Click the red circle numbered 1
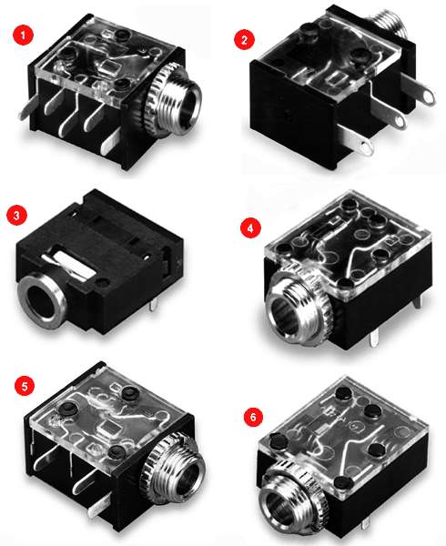coord(23,35)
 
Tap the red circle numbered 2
coord(244,39)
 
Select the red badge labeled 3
coord(16,215)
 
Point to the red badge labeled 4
coord(250,228)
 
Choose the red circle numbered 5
coord(25,386)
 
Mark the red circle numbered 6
coord(253,416)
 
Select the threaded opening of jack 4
coord(286,315)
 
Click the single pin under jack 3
coord(154,304)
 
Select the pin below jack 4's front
coord(374,337)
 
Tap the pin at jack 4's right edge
coord(421,300)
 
